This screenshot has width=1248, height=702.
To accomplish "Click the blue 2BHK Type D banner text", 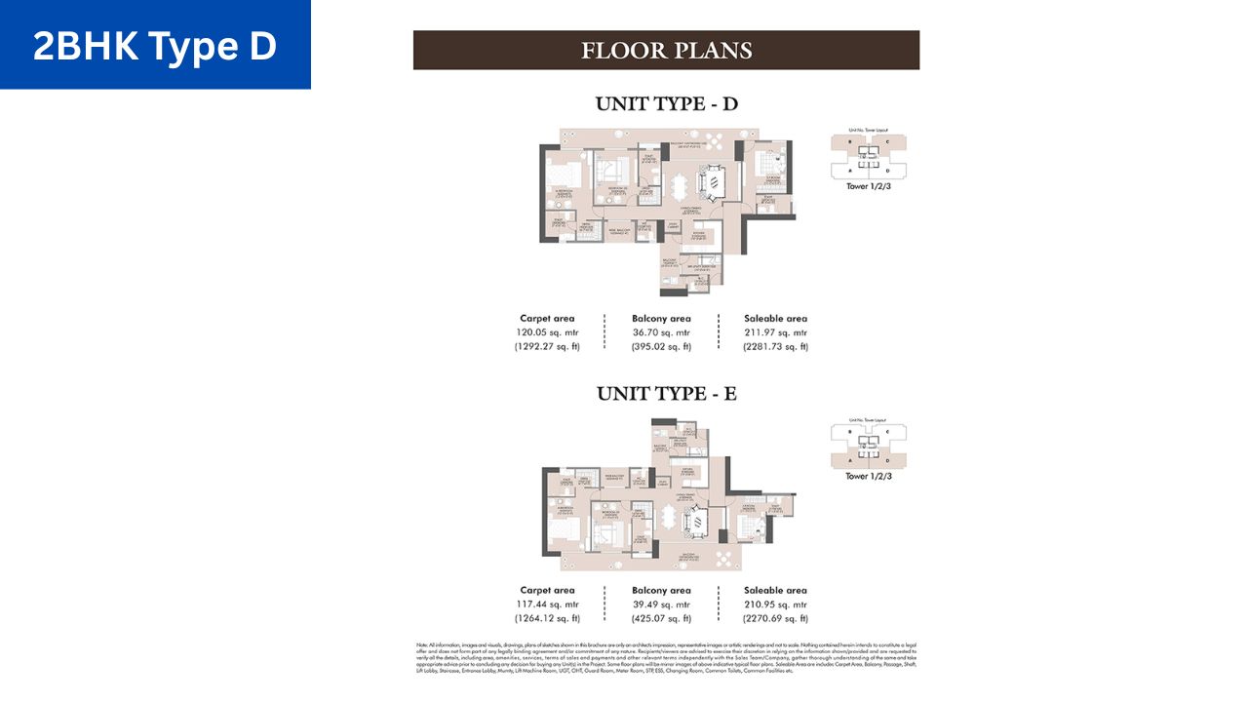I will (155, 46).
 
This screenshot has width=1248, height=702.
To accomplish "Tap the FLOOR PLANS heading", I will (666, 50).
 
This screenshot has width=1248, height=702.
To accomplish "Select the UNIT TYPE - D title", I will (666, 104).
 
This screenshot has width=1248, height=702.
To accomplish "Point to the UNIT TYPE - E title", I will (666, 394).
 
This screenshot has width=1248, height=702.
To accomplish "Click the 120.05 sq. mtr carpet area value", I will (547, 332).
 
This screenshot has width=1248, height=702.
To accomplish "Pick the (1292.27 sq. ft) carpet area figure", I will (547, 346).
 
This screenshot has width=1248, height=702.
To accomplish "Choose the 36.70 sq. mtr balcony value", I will (661, 332).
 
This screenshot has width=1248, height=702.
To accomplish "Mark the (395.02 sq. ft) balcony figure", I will (661, 346).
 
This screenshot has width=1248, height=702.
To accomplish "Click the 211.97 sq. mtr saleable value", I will (776, 332).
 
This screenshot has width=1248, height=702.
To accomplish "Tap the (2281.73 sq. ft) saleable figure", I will (776, 346).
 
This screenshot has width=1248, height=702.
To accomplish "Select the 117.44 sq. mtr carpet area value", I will (547, 604).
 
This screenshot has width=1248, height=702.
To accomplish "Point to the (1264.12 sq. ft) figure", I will (547, 618).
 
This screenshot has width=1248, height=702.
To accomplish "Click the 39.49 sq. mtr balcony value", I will (661, 604).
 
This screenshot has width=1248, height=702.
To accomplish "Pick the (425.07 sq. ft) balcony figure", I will (661, 618).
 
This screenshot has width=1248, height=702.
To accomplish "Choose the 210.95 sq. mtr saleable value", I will (776, 604).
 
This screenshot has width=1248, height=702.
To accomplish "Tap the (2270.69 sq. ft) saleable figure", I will (776, 618).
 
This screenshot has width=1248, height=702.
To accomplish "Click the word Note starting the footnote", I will (421, 645).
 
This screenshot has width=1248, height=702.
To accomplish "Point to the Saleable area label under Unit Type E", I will (776, 590).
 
